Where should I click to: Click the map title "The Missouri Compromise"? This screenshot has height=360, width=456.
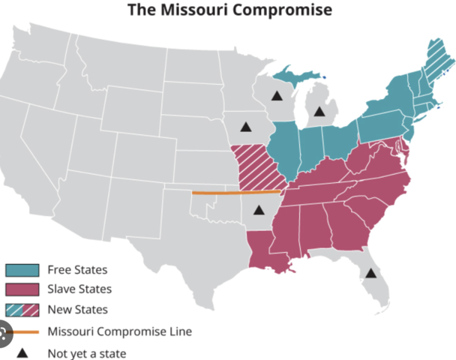pos(229,10)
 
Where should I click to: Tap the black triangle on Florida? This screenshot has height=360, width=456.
pos(370,272)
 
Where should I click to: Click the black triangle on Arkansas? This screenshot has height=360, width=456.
pos(259,210)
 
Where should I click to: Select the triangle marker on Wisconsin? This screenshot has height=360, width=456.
pos(277,96)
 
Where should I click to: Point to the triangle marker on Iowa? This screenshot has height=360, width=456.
pos(244,127)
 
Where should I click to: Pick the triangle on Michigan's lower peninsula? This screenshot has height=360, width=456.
pos(319,112)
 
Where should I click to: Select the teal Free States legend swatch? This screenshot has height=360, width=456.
pos(22,270)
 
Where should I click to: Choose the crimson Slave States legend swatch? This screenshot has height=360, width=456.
pos(22,289)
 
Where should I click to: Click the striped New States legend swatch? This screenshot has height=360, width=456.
pos(22,310)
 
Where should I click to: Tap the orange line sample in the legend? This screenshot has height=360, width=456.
pos(22,331)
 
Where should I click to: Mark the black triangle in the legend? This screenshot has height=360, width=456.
pos(22,352)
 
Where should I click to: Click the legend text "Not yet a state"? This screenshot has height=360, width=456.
pos(86,353)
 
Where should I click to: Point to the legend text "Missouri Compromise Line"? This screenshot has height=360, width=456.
pos(119,331)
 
